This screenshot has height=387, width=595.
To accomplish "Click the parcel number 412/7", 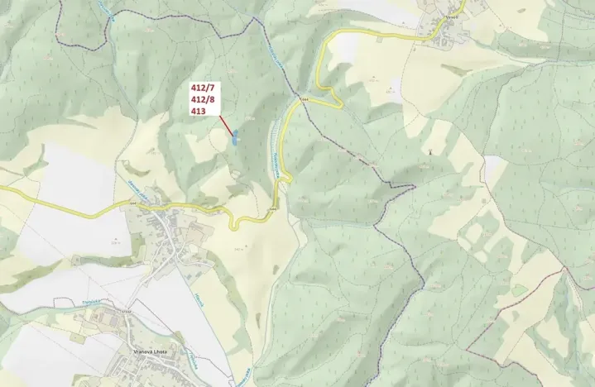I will [x=203, y=88].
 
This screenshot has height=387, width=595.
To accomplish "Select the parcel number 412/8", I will [x=203, y=98].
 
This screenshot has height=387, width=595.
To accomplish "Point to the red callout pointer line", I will [x=224, y=123].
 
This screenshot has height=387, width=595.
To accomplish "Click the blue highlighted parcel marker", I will [x=236, y=137].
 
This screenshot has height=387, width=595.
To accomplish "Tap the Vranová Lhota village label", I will [x=150, y=351].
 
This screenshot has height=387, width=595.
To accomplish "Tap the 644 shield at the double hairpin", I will [x=305, y=99].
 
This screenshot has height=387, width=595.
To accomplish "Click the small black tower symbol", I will [x=430, y=151].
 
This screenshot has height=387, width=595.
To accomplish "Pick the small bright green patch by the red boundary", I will [x=519, y=290].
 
